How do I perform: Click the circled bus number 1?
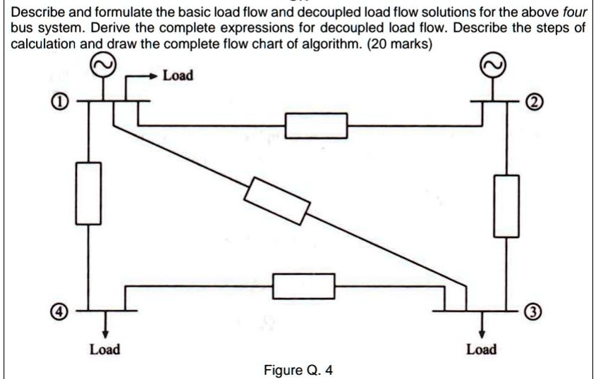click(x=62, y=104)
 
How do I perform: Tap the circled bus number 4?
click(x=61, y=310)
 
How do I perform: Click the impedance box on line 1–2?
click(x=316, y=125)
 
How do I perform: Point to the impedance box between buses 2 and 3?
click(x=507, y=205)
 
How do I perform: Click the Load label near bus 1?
click(x=178, y=75)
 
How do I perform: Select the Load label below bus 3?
click(x=482, y=349)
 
